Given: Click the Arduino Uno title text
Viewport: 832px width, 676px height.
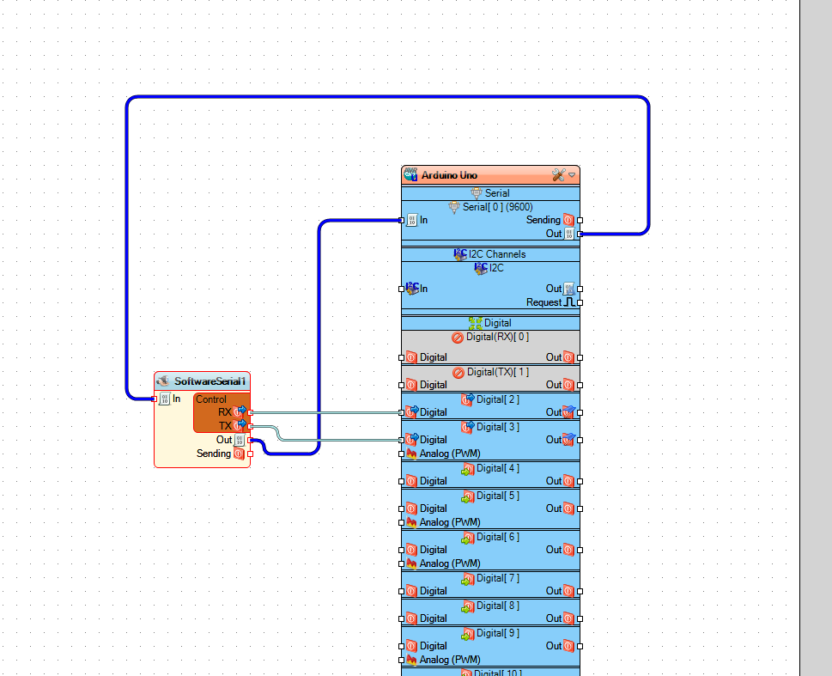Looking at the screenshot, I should point(449,175).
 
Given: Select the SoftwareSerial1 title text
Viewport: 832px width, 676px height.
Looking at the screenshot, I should point(210,381).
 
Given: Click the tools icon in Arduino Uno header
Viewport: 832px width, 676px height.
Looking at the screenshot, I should point(558,175).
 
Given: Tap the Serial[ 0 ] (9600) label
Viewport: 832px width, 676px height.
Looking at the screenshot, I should point(498,207).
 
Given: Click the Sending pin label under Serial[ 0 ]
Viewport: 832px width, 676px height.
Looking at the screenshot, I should point(543,220).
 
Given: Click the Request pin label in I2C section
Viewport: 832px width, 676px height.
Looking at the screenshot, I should point(544,302).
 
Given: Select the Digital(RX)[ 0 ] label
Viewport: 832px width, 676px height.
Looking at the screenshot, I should point(497,338).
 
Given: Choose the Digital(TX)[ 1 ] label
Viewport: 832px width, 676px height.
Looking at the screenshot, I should point(497,372).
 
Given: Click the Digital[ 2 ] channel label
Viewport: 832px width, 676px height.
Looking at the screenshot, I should point(498,399).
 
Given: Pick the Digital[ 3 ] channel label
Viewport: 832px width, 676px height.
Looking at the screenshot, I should point(498,427).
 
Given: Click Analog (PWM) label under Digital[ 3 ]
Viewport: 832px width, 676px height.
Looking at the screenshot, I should point(449,454).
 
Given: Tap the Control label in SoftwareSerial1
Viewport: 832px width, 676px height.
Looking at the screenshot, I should point(211,399).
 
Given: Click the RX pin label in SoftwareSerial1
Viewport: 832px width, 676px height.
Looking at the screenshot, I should point(225,412).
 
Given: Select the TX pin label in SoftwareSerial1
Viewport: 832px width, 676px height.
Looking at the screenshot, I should point(225,426).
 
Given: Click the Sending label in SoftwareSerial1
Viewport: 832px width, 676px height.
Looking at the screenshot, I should point(214,454).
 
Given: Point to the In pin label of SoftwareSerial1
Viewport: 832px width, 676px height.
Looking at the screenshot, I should point(177,399).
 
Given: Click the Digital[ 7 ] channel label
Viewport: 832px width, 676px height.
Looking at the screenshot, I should point(498,578).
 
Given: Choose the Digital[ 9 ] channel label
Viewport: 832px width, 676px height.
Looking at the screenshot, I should point(498,633).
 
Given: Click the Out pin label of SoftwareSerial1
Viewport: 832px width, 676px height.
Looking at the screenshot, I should point(224,440).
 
